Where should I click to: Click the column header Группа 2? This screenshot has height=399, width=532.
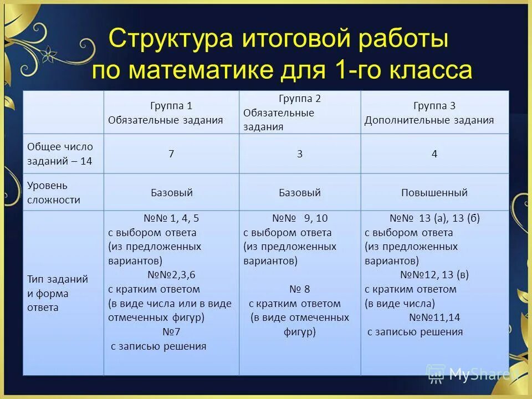[x=300, y=99]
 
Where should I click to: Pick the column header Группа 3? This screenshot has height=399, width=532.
[x=434, y=106]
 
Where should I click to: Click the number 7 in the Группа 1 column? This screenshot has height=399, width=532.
[x=171, y=154]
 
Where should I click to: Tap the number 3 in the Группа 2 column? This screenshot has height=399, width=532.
[x=300, y=154]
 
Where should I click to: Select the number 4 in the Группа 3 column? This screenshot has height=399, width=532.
[x=434, y=154]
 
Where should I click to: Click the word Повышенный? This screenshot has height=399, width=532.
[x=434, y=193]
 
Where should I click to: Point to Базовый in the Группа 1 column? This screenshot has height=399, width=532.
[x=171, y=193]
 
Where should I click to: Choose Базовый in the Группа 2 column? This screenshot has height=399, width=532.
[x=300, y=193]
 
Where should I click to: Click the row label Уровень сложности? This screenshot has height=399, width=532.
[x=54, y=193]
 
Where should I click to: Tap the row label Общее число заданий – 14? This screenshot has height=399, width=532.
[x=60, y=154]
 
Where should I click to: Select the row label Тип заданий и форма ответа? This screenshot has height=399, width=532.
[x=58, y=293]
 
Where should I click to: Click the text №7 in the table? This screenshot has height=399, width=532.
[x=171, y=332]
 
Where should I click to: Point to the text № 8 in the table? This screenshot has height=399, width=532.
[x=300, y=289]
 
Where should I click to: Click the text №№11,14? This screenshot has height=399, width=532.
[x=434, y=318]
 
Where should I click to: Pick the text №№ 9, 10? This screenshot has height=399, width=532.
[x=300, y=218]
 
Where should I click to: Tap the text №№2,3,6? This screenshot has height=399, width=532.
[x=171, y=274]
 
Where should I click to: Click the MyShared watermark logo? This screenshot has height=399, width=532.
[x=471, y=375]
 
